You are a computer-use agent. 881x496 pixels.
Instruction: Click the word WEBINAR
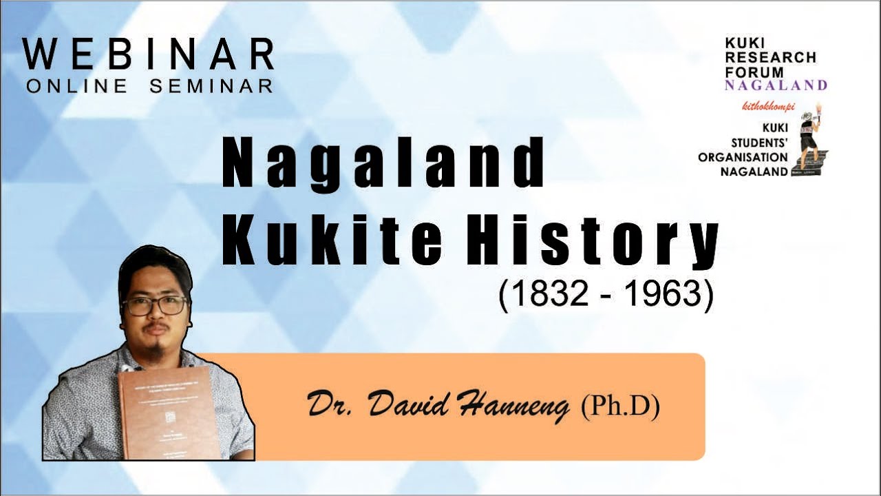pos(148,54)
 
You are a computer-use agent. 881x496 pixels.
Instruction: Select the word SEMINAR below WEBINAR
pos(211,86)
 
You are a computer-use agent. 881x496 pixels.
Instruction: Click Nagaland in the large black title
pos(383,165)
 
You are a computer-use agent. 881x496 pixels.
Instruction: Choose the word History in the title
pos(592,243)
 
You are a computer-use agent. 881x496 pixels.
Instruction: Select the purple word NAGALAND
pos(776,85)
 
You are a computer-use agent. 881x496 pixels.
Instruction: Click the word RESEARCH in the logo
pos(770,57)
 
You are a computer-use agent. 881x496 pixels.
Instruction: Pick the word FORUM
pos(754,71)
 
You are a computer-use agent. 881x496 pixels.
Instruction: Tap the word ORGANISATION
pos(743,157)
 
